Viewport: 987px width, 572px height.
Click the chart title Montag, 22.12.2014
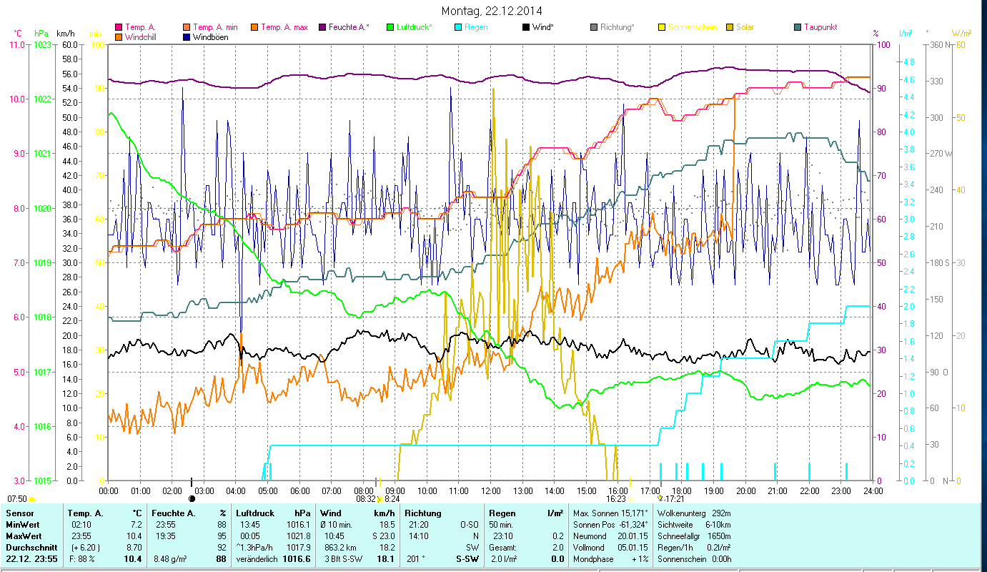point(492,11)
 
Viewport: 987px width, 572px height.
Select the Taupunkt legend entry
point(820,27)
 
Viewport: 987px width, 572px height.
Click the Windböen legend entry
point(210,36)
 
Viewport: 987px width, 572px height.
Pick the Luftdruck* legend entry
point(415,27)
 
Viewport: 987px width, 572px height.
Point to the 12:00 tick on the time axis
point(490,491)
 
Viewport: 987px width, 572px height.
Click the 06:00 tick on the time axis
point(299,491)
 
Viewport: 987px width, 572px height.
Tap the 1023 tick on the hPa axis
point(43,44)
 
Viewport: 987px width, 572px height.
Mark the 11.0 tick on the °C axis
point(16,44)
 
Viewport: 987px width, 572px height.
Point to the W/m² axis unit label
point(961,33)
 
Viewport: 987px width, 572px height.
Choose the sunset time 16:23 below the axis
point(616,499)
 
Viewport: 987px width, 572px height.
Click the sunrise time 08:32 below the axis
point(364,499)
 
